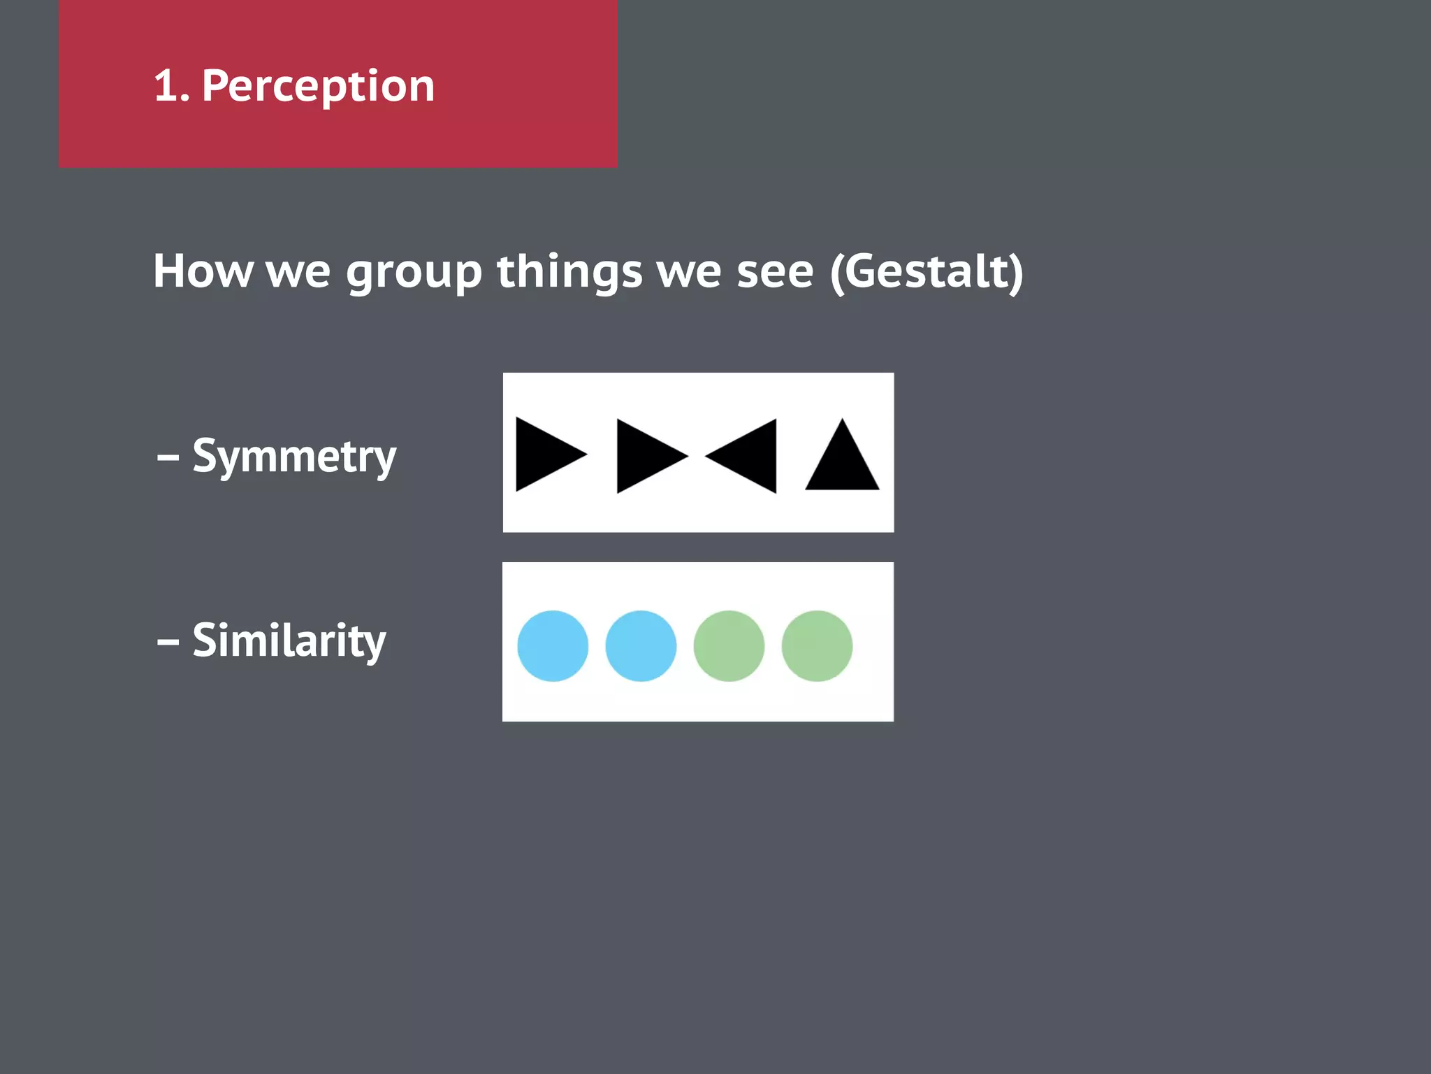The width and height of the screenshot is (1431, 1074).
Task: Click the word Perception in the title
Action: (x=318, y=87)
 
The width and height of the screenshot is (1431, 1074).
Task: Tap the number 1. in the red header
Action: (x=170, y=87)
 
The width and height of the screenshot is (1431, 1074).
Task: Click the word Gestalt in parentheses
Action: (x=927, y=271)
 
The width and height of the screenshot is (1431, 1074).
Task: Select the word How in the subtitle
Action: (x=203, y=271)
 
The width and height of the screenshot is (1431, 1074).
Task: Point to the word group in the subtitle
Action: (x=414, y=273)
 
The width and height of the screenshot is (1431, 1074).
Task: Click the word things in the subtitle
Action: (x=569, y=271)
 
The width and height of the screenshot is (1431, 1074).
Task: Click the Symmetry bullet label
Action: (x=293, y=457)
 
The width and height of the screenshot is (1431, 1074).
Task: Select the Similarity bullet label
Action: (x=289, y=640)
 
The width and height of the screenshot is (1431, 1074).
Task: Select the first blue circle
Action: (x=553, y=646)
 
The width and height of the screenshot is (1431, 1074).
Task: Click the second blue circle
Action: (x=641, y=646)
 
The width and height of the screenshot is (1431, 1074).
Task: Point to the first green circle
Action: (x=729, y=646)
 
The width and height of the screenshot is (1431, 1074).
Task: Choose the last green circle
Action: (x=817, y=646)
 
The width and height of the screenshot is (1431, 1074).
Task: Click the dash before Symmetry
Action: (x=168, y=459)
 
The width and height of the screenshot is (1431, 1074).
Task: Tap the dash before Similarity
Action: (x=168, y=642)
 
